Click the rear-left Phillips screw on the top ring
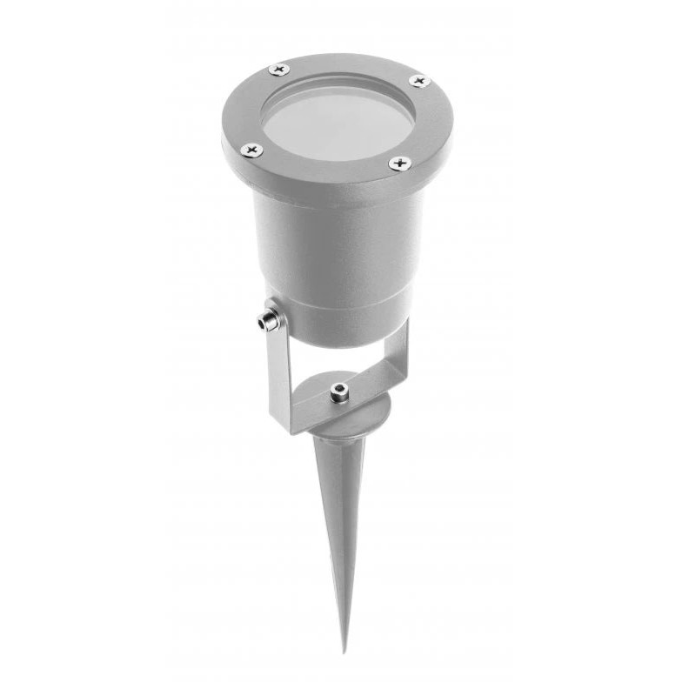(278, 69)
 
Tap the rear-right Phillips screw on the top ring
(419, 82)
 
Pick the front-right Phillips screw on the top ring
(399, 163)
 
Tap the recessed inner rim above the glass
(348, 81)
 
